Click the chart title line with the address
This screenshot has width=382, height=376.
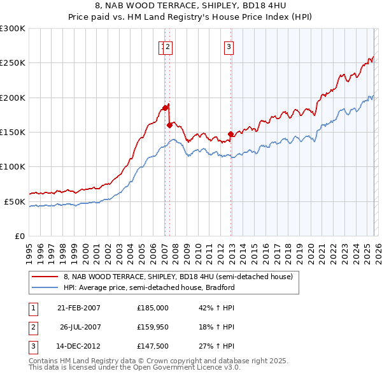[x=190, y=6]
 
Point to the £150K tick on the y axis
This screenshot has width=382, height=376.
[x=13, y=132]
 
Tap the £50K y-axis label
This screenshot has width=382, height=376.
[x=15, y=201]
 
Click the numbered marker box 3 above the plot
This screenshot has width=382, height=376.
[x=228, y=46]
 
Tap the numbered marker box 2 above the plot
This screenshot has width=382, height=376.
[x=168, y=46]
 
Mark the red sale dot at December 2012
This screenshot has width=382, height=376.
[x=230, y=134]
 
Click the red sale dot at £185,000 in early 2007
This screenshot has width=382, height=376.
[x=165, y=108]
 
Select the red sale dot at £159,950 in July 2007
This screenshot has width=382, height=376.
[x=169, y=125]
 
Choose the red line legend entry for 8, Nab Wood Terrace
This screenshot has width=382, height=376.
[x=178, y=277]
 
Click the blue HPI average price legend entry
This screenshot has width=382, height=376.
[x=149, y=287]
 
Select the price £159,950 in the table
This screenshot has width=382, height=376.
[x=152, y=328]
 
